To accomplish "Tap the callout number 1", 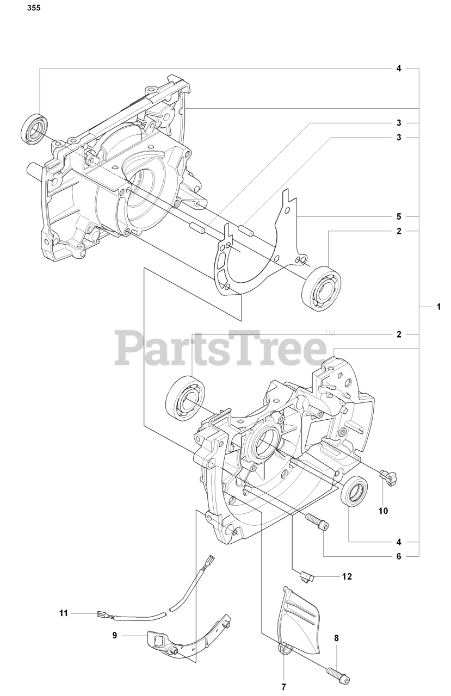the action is (438, 307).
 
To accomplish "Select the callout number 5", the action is (399, 215).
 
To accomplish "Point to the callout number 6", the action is (399, 556).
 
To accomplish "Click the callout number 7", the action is (283, 687).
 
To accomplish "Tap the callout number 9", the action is (115, 635).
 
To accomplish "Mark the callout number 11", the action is (64, 613).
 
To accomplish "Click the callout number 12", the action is (347, 576).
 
